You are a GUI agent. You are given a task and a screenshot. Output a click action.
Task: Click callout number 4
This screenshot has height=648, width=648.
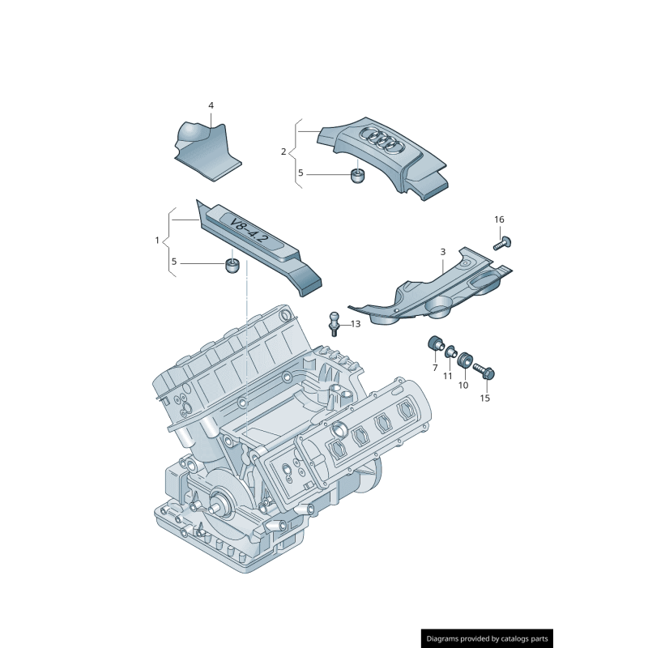(x=211, y=106)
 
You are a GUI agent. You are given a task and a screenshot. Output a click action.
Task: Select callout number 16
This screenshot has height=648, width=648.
(x=499, y=220)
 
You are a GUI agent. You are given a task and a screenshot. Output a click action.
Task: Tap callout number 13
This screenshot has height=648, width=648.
(x=356, y=324)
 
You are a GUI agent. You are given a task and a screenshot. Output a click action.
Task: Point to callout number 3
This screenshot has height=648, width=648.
(x=443, y=252)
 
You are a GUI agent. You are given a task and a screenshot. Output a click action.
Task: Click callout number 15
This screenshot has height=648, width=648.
(x=485, y=398)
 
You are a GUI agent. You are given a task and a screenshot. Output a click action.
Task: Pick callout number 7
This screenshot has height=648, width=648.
(x=435, y=368)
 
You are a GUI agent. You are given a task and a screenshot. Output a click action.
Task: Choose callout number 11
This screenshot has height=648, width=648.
(x=447, y=376)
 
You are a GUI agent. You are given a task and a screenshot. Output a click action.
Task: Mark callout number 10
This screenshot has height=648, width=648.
(x=463, y=386)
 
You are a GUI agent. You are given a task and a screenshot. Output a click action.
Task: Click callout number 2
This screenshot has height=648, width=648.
(x=283, y=151)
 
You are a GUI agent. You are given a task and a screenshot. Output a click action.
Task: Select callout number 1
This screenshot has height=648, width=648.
(x=157, y=241)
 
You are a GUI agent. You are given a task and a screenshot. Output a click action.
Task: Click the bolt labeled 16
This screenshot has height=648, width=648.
(x=500, y=241)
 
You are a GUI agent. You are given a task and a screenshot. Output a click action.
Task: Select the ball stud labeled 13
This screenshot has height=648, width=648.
(x=333, y=322)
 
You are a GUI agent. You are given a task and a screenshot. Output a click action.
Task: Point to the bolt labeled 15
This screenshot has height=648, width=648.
(x=484, y=372)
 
